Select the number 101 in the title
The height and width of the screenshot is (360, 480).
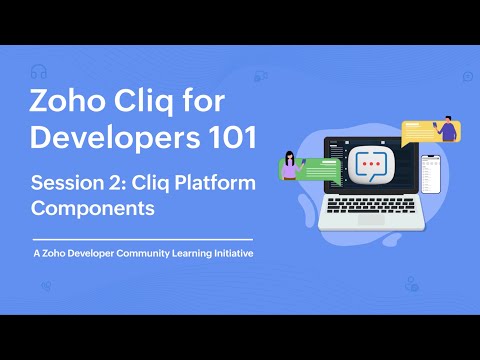[227, 138]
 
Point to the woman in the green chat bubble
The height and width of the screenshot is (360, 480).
[291, 165]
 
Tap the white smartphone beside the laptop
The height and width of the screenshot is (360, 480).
[431, 175]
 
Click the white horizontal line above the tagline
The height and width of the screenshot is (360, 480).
[142, 240]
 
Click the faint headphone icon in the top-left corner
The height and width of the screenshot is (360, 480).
[39, 71]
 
